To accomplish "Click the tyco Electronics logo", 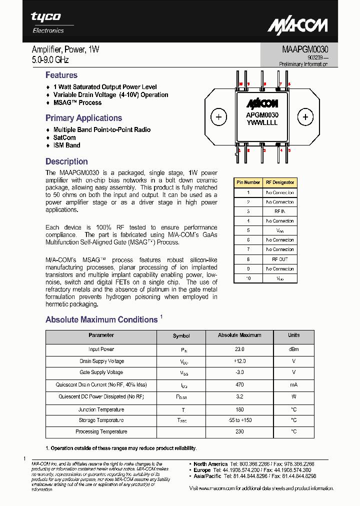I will (47, 22).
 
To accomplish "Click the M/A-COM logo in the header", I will (297, 25).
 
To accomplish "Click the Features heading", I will (61, 75).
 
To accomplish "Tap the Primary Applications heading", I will (83, 118).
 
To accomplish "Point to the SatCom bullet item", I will (64, 137).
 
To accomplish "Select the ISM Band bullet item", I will (66, 145).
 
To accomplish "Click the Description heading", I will (66, 162).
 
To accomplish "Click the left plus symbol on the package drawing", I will (218, 117).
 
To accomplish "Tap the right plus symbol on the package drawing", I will (305, 117).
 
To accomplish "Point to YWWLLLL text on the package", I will (262, 123).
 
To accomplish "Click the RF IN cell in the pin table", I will (279, 211).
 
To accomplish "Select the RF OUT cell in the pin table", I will (279, 259).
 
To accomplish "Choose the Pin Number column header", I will (248, 182).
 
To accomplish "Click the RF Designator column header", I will (279, 182).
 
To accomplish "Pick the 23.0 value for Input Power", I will (239, 349).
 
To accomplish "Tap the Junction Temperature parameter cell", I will (101, 409).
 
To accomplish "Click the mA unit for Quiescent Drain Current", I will (293, 385).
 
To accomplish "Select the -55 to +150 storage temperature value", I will (239, 420).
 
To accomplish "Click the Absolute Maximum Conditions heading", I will (101, 320).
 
